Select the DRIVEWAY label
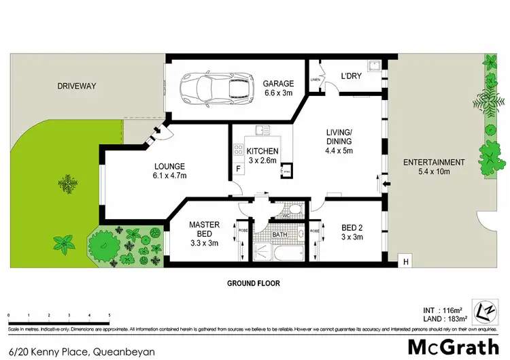pyautogui.click(x=77, y=86)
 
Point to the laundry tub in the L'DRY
pyautogui.click(x=373, y=67)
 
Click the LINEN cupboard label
pyautogui.click(x=315, y=80)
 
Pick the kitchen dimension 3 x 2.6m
pyautogui.click(x=262, y=161)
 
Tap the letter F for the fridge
pyautogui.click(x=238, y=168)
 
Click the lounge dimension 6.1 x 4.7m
pyautogui.click(x=170, y=176)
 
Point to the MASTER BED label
pyautogui.click(x=203, y=230)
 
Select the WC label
pyautogui.click(x=286, y=216)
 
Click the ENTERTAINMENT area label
pyautogui.click(x=434, y=162)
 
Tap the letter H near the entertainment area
pyautogui.click(x=406, y=261)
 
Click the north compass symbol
pyautogui.click(x=486, y=310)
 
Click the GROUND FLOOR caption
pyautogui.click(x=253, y=283)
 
